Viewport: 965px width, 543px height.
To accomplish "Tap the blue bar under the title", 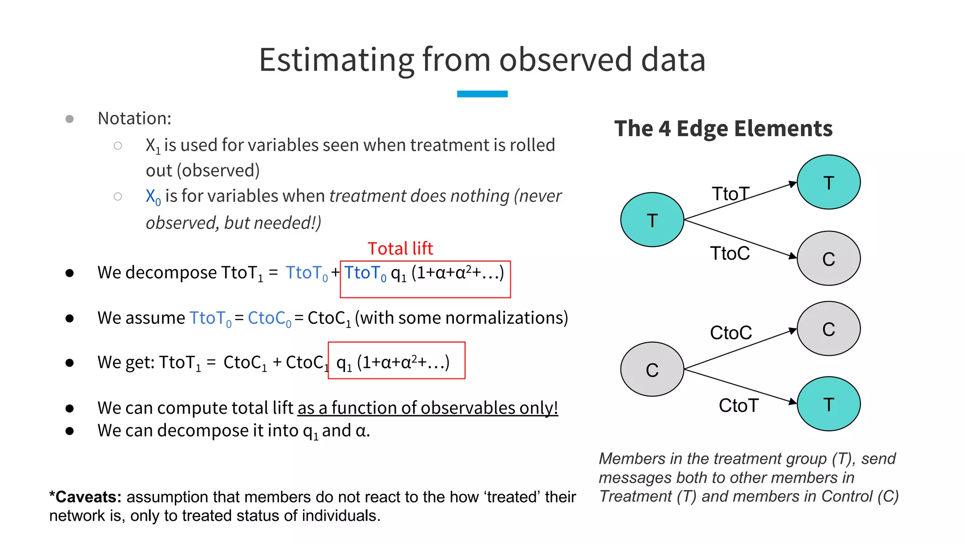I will click(482, 94).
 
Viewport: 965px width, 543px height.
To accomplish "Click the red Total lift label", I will click(400, 248).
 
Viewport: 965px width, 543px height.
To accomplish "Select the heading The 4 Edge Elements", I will click(723, 129).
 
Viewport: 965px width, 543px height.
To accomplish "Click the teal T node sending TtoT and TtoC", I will click(652, 220).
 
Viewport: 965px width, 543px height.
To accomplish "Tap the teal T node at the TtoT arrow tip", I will click(828, 182).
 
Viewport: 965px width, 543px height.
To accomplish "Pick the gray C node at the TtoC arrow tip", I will click(828, 258).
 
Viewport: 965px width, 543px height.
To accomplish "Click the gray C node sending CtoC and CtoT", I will click(652, 369).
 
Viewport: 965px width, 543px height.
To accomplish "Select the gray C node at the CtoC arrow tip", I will click(828, 329).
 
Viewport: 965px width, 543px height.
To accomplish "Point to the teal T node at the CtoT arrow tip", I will click(828, 403).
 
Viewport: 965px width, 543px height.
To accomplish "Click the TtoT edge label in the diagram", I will click(730, 194).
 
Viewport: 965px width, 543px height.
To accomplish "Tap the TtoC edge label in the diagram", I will click(730, 254).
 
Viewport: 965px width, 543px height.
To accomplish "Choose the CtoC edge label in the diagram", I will click(731, 333).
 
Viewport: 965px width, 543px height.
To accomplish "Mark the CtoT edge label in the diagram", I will click(738, 405).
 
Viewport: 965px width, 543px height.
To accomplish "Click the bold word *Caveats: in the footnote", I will click(85, 497).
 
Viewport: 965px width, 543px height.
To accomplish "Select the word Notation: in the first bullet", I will click(134, 118).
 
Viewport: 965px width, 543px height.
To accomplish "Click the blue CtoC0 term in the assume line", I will click(269, 319).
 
